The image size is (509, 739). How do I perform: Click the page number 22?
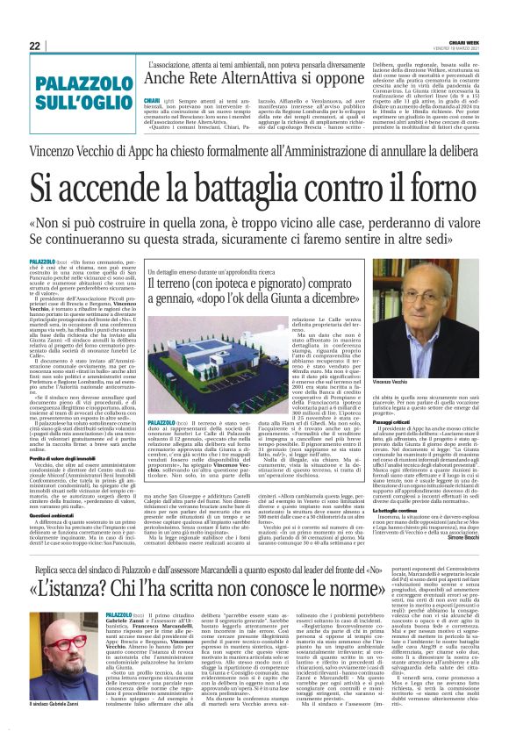(x=34, y=45)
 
